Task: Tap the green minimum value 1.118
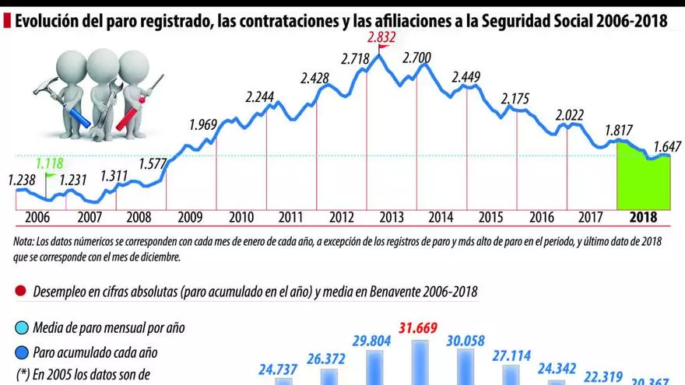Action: click(51, 164)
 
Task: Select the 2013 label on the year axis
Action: click(391, 218)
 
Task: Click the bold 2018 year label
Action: click(643, 218)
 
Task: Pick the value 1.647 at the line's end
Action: click(668, 145)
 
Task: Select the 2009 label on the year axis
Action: click(191, 218)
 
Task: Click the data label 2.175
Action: click(516, 99)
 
